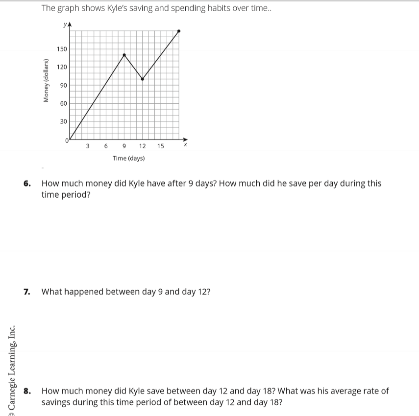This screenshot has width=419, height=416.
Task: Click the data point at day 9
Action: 124,55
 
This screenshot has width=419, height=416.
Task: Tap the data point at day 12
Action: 142,79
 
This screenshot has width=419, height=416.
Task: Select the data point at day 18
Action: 179,31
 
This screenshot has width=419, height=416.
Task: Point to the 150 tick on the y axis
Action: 62,49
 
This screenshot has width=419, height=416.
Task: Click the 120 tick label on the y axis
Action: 62,67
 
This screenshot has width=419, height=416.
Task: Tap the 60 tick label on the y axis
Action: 64,103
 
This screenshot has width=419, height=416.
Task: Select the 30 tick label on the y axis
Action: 64,121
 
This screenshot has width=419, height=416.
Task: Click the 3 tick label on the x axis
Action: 87,146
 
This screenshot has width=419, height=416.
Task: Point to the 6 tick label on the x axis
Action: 105,146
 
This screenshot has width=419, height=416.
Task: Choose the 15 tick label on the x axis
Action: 160,146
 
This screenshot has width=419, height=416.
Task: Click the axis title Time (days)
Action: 128,158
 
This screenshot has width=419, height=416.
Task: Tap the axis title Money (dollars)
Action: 47,80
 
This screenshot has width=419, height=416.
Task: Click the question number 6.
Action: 27,184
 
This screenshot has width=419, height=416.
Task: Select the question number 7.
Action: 27,292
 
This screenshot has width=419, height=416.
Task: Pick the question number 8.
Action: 27,391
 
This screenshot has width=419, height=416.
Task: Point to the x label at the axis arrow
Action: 185,145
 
